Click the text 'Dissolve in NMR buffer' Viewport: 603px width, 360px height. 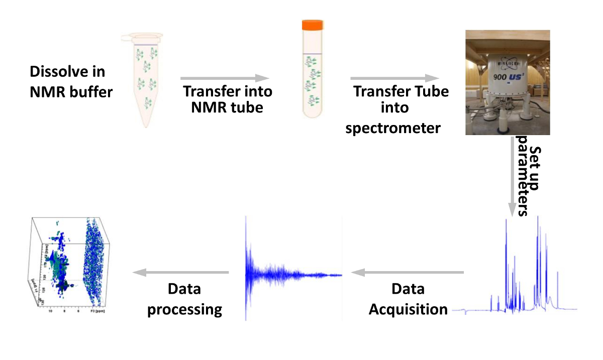click(x=70, y=82)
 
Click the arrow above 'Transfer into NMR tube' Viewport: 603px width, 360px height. click(x=225, y=78)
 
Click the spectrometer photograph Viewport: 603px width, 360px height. click(x=507, y=82)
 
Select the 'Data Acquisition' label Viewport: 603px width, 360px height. click(x=408, y=299)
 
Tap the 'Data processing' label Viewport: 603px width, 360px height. click(x=184, y=299)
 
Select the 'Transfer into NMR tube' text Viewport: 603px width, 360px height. click(x=227, y=99)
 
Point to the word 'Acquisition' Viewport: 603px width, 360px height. click(x=408, y=309)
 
